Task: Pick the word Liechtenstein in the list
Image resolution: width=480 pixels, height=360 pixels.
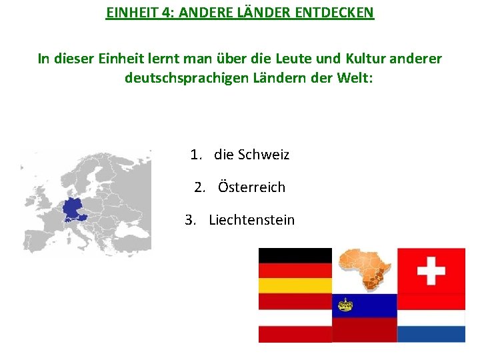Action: pyautogui.click(x=251, y=220)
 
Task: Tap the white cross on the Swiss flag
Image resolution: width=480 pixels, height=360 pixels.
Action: pyautogui.click(x=431, y=271)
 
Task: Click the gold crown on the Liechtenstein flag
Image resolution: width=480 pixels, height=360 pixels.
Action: pyautogui.click(x=345, y=305)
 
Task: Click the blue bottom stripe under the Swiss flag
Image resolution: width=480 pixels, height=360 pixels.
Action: pyautogui.click(x=431, y=333)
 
